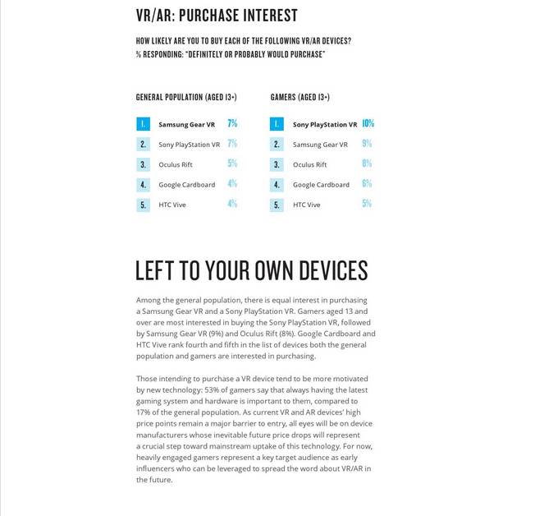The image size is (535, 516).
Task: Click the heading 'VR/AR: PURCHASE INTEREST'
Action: [x=217, y=16]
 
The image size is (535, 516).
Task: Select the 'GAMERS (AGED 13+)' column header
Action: [x=300, y=98]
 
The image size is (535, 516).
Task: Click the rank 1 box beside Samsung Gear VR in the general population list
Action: [x=144, y=125]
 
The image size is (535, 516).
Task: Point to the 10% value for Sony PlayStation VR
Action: [x=368, y=124]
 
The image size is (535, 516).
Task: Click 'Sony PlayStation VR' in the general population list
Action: [x=189, y=145]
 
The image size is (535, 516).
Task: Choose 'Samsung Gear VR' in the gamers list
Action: [x=320, y=145]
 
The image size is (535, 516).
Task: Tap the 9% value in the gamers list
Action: [x=366, y=144]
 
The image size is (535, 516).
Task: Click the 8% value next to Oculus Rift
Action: [x=366, y=164]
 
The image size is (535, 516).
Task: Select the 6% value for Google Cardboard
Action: [x=366, y=184]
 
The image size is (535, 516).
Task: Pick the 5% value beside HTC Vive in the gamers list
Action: [x=366, y=204]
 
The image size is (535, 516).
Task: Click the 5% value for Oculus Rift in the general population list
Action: [x=232, y=164]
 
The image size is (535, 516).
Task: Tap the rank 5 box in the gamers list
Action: [x=277, y=205]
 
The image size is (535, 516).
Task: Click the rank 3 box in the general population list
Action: [x=144, y=164]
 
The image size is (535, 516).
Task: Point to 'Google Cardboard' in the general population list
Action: [x=186, y=185]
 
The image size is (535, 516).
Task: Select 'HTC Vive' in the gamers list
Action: [x=306, y=205]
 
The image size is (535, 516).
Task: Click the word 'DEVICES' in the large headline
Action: [x=322, y=271]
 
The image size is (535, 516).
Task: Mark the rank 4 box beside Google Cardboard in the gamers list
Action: [x=277, y=185]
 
